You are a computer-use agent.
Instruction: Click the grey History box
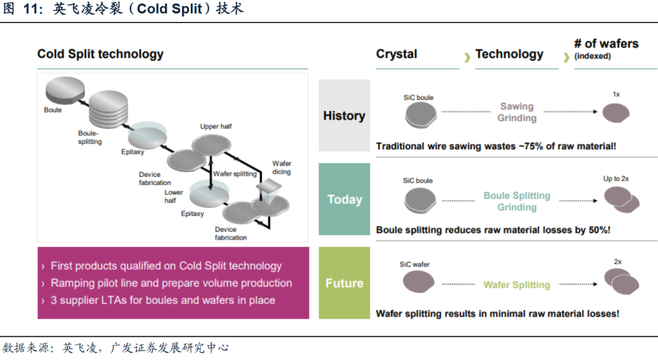point(344,115)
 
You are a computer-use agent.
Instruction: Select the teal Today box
point(344,199)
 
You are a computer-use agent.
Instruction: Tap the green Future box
point(344,283)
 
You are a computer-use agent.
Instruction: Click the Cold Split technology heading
point(101,54)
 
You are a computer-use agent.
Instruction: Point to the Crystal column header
point(397,54)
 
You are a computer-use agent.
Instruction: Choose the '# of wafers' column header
point(606,44)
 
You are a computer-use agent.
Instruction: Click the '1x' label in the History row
point(616,94)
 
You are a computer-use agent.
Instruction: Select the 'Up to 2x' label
point(616,178)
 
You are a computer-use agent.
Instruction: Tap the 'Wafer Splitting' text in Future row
point(517,284)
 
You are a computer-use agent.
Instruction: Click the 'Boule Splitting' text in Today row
point(517,196)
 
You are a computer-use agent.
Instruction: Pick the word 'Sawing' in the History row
point(517,107)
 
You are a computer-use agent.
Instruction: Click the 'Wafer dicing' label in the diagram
point(281,168)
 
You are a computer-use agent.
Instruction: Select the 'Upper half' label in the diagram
point(216,127)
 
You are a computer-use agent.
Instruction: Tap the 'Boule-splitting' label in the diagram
point(90,137)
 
